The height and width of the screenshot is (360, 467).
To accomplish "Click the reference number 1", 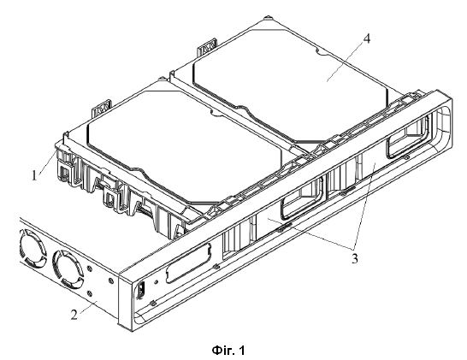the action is pyautogui.click(x=34, y=175).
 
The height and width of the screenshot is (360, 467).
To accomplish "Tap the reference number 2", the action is pyautogui.click(x=74, y=315).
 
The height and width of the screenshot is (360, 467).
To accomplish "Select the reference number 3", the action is pyautogui.click(x=354, y=258).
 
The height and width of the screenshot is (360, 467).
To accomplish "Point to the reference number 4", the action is pyautogui.click(x=367, y=39).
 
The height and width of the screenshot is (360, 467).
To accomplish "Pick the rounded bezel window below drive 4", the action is pyautogui.click(x=409, y=136).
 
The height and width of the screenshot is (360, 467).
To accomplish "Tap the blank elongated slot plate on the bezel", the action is pyautogui.click(x=188, y=263).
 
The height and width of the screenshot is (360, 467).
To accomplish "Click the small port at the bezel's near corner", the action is pyautogui.click(x=141, y=289).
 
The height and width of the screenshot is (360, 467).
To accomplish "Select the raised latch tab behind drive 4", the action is pyautogui.click(x=207, y=46).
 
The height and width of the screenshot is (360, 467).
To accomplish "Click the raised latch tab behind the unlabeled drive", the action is pyautogui.click(x=101, y=109).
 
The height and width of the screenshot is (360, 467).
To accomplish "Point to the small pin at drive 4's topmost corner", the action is pyautogui.click(x=269, y=17).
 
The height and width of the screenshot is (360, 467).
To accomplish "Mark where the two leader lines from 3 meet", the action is pyautogui.click(x=353, y=249).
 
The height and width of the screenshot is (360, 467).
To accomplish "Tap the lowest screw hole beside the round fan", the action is pyautogui.click(x=89, y=293).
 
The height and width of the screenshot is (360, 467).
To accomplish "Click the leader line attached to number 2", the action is pyautogui.click(x=88, y=307).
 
